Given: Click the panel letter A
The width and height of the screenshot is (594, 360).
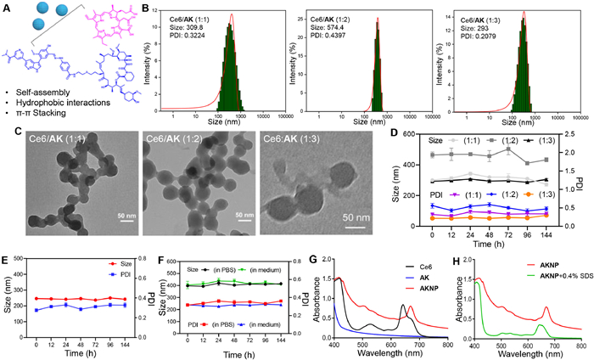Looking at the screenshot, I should pyautogui.click(x=7, y=7).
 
